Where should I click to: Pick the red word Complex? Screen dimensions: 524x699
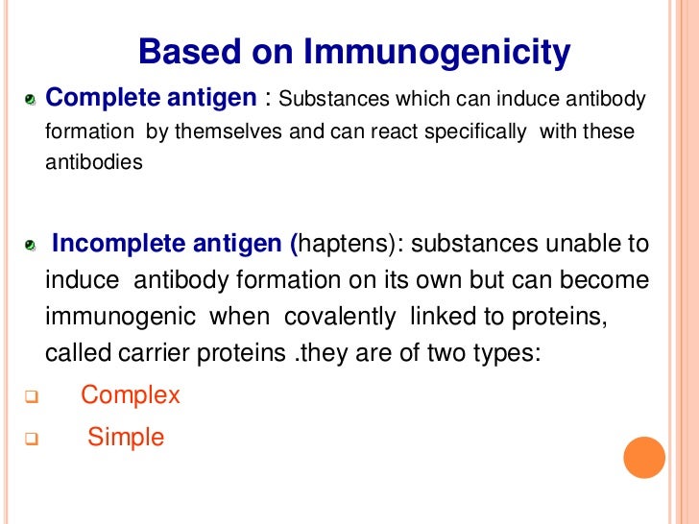click(x=131, y=395)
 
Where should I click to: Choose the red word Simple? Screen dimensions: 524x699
click(x=126, y=439)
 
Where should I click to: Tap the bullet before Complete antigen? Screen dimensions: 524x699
click(x=31, y=100)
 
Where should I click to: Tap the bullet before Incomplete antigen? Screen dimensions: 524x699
click(x=31, y=248)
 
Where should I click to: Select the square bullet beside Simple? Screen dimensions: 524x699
click(x=31, y=441)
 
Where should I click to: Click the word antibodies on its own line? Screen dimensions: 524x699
click(x=94, y=162)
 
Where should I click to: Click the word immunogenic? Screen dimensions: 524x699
click(x=122, y=317)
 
